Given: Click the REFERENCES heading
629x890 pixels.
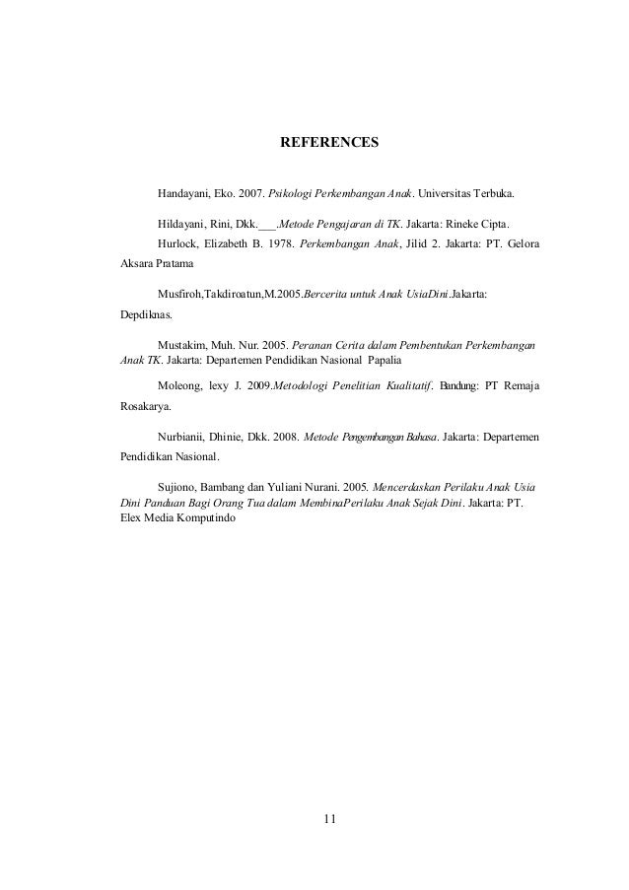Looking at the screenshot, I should point(329,143).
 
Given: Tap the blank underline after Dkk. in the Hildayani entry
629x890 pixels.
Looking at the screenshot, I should point(266,224).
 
